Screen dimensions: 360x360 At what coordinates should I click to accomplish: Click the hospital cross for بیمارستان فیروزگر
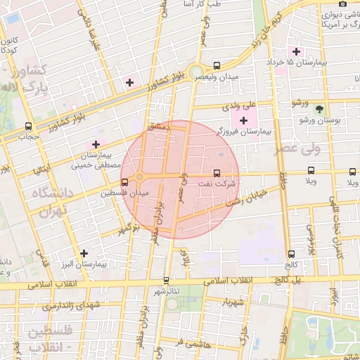[244, 121]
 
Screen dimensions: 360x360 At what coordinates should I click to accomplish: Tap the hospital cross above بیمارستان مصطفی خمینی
[96, 144]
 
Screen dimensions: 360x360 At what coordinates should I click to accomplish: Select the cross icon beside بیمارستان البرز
[84, 253]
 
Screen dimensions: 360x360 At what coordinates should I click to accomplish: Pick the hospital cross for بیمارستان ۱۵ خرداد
[296, 51]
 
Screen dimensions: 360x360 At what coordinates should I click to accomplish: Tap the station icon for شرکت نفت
[217, 172]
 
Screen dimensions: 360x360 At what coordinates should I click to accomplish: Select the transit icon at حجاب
[28, 127]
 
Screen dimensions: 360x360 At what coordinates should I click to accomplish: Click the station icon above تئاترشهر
[166, 280]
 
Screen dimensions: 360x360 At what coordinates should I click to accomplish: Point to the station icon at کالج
[291, 254]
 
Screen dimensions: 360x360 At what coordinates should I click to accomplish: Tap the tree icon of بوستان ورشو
[320, 109]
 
